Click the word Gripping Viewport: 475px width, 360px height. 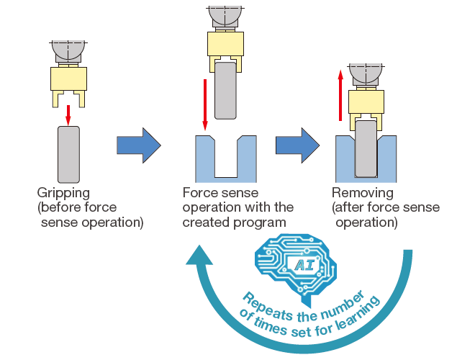click(x=63, y=193)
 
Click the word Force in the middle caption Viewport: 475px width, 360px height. click(x=199, y=193)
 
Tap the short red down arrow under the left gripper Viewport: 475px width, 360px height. click(x=68, y=112)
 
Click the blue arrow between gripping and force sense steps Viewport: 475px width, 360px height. click(x=138, y=145)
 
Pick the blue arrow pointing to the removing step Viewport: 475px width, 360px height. click(x=297, y=145)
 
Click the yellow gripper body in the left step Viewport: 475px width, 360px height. click(x=68, y=77)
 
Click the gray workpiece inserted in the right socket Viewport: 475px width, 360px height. click(x=366, y=148)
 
